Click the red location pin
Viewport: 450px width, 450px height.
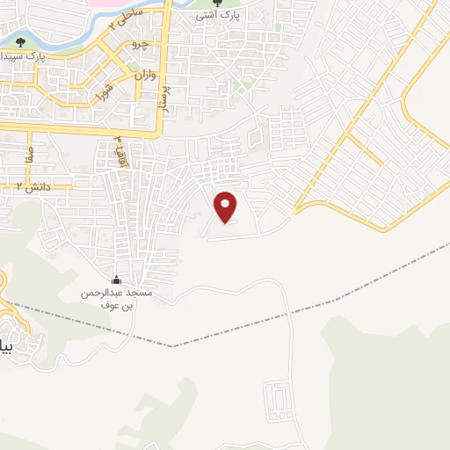pyautogui.click(x=226, y=206)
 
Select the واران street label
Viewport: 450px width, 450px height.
pyautogui.click(x=145, y=76)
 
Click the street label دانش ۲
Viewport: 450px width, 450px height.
pyautogui.click(x=35, y=186)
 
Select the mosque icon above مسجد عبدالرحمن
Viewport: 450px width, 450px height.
pyautogui.click(x=117, y=279)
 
